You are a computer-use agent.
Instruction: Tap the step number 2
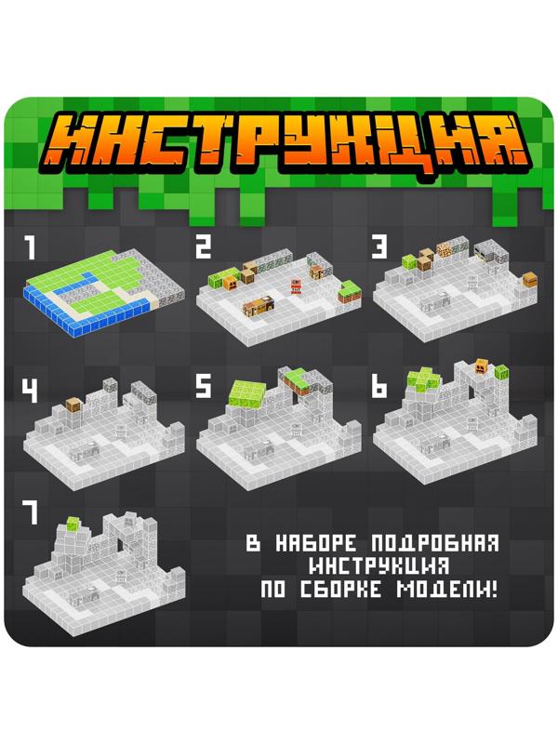204,247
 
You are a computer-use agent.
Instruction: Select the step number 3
379,248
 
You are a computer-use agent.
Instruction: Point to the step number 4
30,389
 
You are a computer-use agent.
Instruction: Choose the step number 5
204,388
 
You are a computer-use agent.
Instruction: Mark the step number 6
379,388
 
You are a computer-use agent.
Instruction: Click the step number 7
30,513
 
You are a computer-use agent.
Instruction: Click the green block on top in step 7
72,525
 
